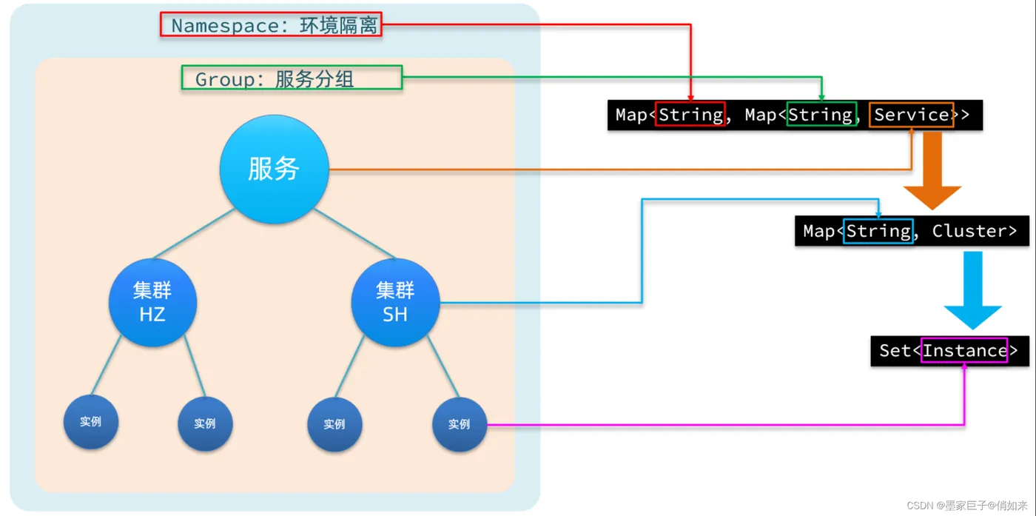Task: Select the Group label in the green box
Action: pyautogui.click(x=292, y=78)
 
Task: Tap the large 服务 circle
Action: pyautogui.click(x=275, y=170)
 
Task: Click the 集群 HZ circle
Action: pyautogui.click(x=152, y=302)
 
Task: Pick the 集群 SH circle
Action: pyautogui.click(x=395, y=302)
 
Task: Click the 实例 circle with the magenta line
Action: pyautogui.click(x=460, y=424)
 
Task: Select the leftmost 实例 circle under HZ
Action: pyautogui.click(x=91, y=422)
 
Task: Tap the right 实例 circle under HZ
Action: pyautogui.click(x=206, y=424)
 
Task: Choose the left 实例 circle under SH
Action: pyautogui.click(x=334, y=424)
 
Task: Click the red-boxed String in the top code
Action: pyautogui.click(x=690, y=115)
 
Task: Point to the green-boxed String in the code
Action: pyautogui.click(x=821, y=115)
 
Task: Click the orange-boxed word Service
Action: pyautogui.click(x=911, y=115)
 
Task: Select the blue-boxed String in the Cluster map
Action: pyautogui.click(x=878, y=231)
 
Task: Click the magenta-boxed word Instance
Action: pyautogui.click(x=964, y=350)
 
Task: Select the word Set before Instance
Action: pyautogui.click(x=895, y=350)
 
